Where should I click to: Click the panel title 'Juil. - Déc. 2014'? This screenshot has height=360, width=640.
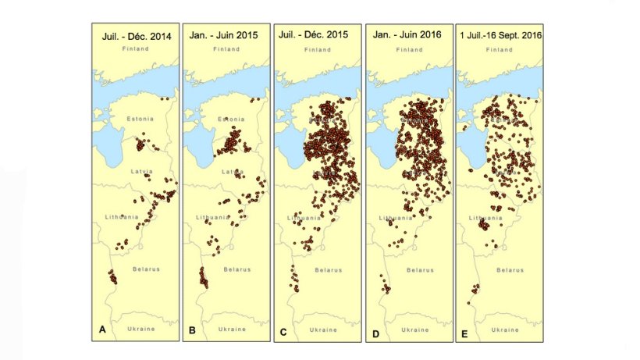136,36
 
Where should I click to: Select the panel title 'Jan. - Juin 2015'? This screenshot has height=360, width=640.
226,36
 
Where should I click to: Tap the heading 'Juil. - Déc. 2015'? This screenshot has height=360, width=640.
317,36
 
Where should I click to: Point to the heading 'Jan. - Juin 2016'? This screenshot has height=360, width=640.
409,36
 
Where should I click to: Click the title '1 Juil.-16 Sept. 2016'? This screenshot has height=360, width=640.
500,36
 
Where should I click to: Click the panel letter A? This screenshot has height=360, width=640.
101,330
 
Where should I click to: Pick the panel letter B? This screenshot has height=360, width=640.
192,330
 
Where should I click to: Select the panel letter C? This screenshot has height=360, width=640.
283,330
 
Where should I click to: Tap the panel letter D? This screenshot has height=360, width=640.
375,330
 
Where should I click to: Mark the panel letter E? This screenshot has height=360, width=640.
465,330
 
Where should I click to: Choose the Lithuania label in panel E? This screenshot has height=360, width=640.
481,217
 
